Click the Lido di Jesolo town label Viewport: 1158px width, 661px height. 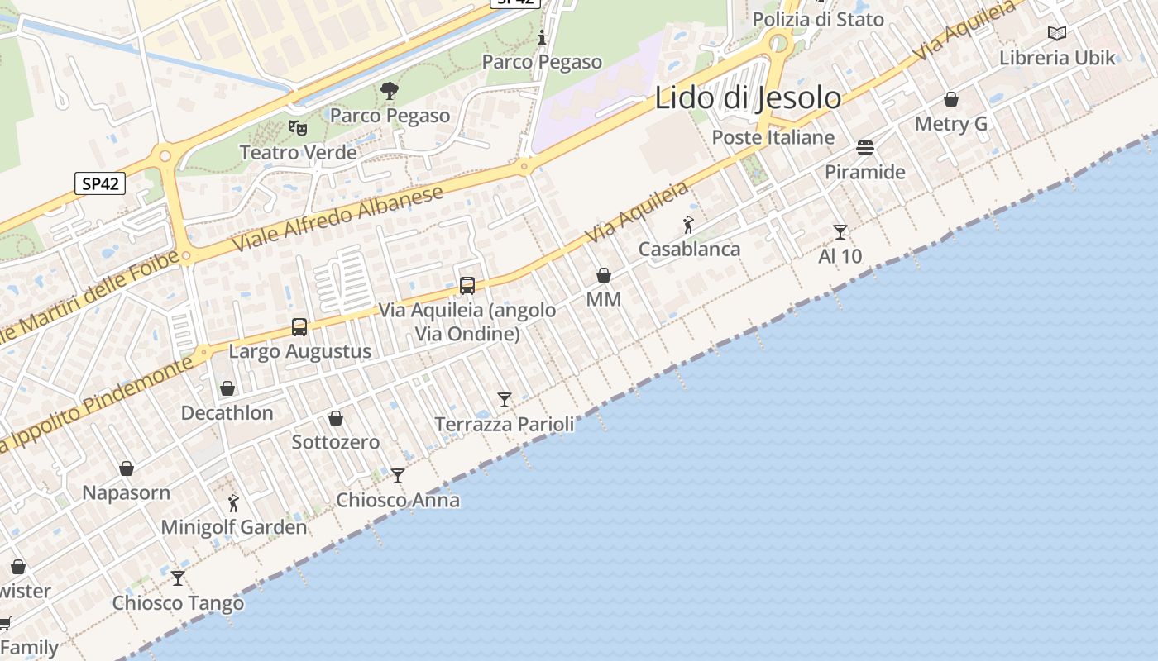click(748, 97)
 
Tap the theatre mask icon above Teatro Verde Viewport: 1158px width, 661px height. click(298, 128)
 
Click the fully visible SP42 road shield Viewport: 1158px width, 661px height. click(100, 183)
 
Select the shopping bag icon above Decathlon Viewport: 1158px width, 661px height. click(227, 388)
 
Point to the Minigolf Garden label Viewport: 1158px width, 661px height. click(233, 527)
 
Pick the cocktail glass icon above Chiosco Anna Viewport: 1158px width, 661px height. click(398, 476)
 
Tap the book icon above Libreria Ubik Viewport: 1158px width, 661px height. click(1057, 33)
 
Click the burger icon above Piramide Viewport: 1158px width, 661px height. click(865, 148)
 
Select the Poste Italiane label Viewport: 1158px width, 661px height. click(773, 137)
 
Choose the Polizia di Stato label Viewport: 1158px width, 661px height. click(818, 19)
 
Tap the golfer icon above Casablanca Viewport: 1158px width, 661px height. click(688, 225)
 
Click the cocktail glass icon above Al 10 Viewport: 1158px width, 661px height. click(840, 232)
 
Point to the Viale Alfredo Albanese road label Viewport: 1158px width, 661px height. click(337, 219)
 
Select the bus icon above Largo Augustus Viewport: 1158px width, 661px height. click(299, 327)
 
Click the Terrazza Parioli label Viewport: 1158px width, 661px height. click(505, 425)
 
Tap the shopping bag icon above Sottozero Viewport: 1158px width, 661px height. click(336, 418)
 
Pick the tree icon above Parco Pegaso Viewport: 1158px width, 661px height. click(390, 90)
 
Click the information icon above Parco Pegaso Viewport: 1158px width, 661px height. click(542, 37)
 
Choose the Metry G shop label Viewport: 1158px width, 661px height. click(951, 124)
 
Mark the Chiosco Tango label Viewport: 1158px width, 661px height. click(179, 603)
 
